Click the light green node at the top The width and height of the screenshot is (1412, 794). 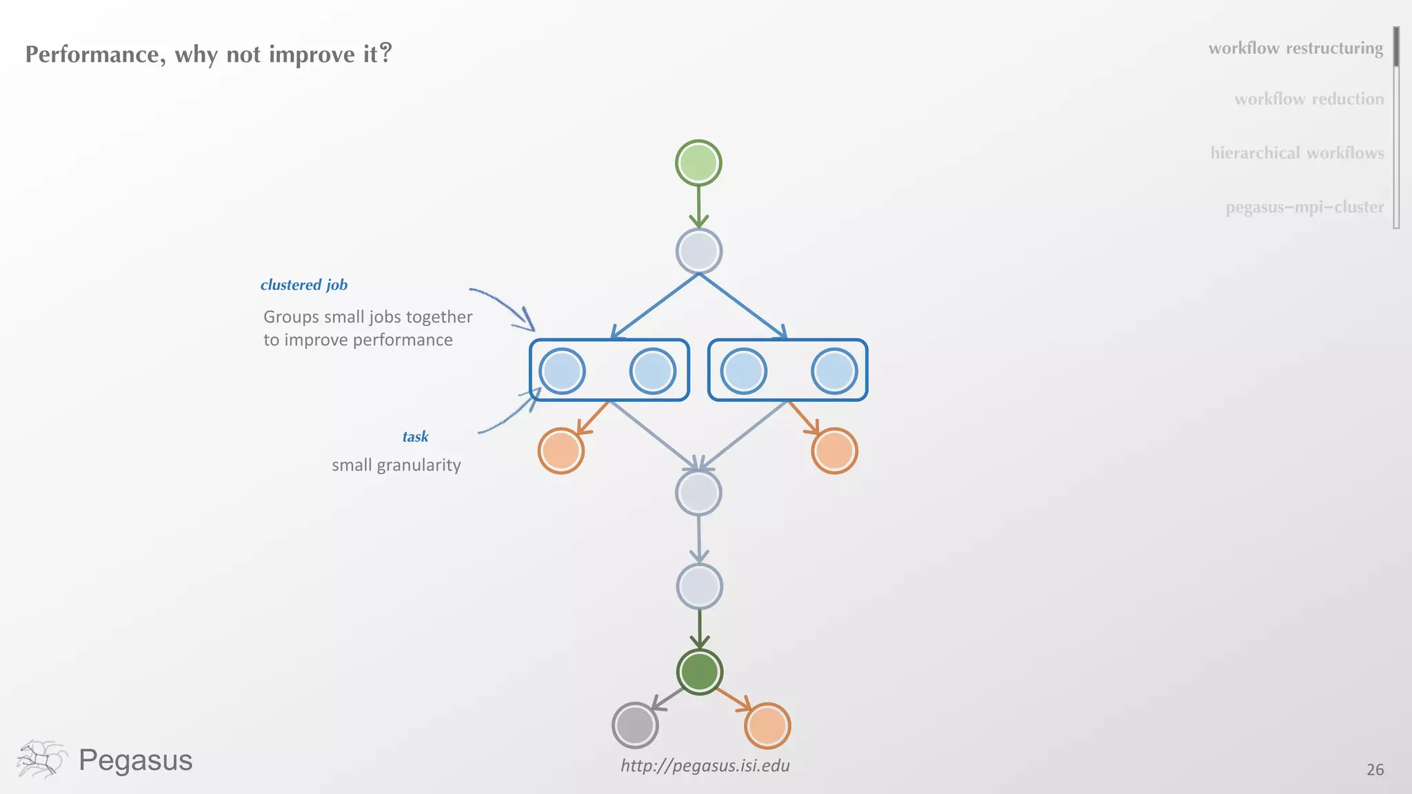click(x=698, y=163)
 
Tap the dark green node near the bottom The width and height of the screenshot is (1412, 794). click(x=699, y=672)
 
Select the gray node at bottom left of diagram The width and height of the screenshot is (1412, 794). click(x=635, y=725)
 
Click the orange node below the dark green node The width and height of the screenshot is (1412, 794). click(x=767, y=726)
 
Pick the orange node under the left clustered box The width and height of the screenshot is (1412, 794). click(x=561, y=451)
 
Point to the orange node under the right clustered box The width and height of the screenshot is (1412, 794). click(x=834, y=451)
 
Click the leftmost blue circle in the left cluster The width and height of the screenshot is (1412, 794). click(x=562, y=371)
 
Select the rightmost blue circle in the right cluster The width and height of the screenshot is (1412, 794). click(x=834, y=371)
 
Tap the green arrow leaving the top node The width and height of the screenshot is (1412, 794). click(x=698, y=207)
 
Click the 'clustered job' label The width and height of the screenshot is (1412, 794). click(x=304, y=285)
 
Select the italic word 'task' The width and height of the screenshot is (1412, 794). click(x=415, y=436)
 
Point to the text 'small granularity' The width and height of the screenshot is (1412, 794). click(x=396, y=465)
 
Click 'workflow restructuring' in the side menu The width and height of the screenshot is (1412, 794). click(x=1295, y=48)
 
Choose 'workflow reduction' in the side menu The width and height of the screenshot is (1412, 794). click(x=1309, y=99)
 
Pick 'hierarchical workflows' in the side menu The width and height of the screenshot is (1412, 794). click(x=1297, y=153)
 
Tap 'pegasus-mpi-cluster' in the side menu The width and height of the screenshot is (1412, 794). click(x=1304, y=207)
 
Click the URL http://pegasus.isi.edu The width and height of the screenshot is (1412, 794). click(x=705, y=766)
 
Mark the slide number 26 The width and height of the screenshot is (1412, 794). click(x=1375, y=770)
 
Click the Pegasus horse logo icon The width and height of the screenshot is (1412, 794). click(x=41, y=760)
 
